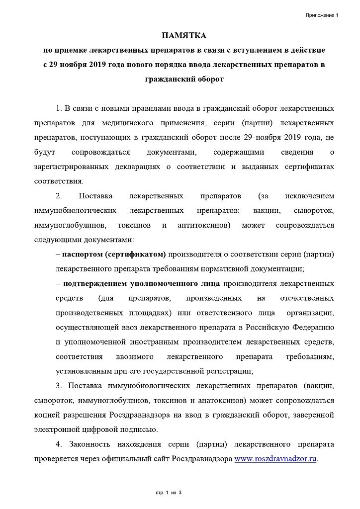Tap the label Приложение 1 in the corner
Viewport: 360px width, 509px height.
(x=322, y=16)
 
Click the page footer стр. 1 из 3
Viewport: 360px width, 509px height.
(x=169, y=493)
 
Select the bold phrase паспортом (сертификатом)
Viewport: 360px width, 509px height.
(x=114, y=255)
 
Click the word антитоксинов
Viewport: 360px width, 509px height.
(x=202, y=225)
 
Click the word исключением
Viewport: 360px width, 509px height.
(x=309, y=196)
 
